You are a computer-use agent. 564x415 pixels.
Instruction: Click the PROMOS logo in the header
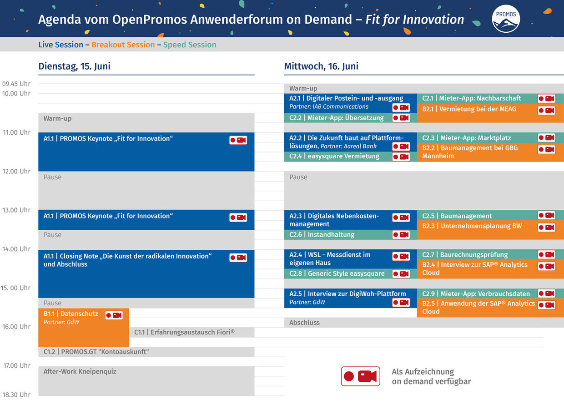pyautogui.click(x=506, y=19)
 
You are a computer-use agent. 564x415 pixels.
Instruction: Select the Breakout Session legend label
pyautogui.click(x=123, y=45)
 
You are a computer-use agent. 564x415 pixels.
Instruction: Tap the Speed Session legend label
pyautogui.click(x=190, y=45)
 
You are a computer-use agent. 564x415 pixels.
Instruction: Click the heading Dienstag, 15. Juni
pyautogui.click(x=74, y=66)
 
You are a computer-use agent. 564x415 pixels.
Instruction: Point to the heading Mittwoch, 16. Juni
pyautogui.click(x=321, y=66)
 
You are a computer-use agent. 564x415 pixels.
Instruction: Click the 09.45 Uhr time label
pyautogui.click(x=16, y=84)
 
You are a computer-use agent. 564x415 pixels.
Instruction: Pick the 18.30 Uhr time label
pyautogui.click(x=16, y=395)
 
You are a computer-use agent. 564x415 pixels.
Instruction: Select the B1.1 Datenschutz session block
pyautogui.click(x=73, y=328)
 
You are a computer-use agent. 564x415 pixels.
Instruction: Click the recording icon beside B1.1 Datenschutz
pyautogui.click(x=114, y=315)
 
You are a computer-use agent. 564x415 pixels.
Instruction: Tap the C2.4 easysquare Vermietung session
pyautogui.click(x=337, y=157)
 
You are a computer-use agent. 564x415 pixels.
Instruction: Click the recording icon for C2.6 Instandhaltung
pyautogui.click(x=401, y=235)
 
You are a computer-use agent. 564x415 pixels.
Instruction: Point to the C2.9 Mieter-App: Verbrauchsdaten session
pyautogui.click(x=475, y=294)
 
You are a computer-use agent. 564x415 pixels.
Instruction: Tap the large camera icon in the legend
pyautogui.click(x=360, y=376)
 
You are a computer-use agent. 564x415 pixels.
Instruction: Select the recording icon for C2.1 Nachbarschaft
pyautogui.click(x=546, y=99)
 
